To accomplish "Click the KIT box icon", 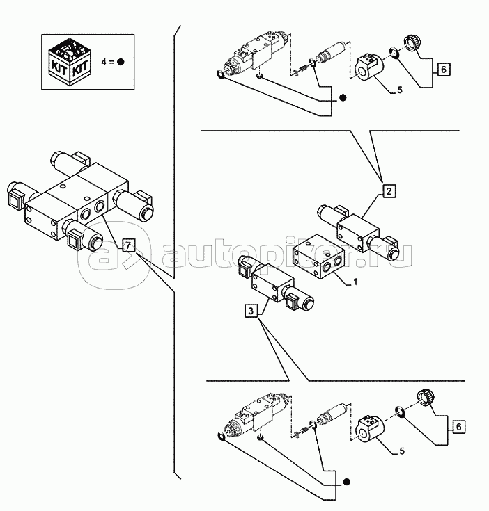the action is coord(70,62).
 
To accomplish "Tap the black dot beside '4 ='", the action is coord(121,62).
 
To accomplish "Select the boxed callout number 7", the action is coord(128,245).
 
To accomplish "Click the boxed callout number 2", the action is coord(389,191).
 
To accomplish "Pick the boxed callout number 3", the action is coord(251,311).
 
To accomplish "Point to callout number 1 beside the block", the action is coord(355,282).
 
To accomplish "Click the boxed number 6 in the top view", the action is coord(443,70).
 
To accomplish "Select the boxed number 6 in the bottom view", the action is coord(458,427).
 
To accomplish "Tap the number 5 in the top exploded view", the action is coord(400,90).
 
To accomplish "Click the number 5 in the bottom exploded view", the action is coord(401,451).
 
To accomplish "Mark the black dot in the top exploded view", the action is coord(343,97).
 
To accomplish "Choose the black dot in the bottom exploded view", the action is coord(347,482).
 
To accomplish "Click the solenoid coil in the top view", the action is coord(369,67).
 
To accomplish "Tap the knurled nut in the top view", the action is coord(412,43).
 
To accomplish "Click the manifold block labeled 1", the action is coord(318,257).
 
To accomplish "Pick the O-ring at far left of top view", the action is coord(221,74).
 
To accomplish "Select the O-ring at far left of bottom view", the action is coord(222,436).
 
